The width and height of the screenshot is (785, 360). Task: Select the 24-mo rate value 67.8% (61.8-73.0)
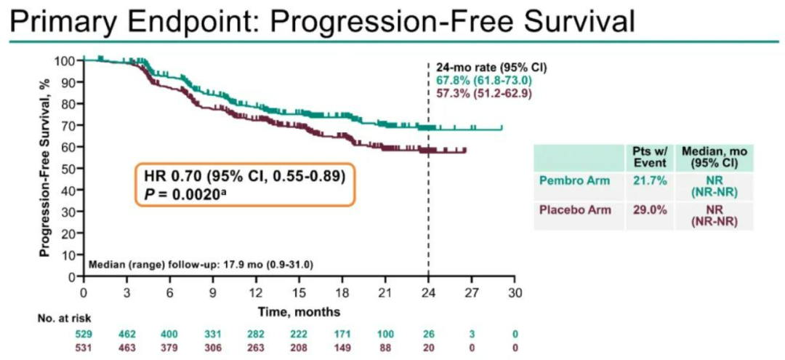(483, 80)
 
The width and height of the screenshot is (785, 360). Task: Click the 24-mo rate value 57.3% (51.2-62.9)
(483, 92)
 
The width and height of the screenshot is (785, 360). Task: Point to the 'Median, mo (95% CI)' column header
(715, 156)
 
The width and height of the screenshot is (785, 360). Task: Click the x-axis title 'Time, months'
(299, 311)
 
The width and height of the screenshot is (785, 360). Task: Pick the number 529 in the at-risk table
(84, 334)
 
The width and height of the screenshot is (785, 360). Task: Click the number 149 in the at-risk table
(342, 347)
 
